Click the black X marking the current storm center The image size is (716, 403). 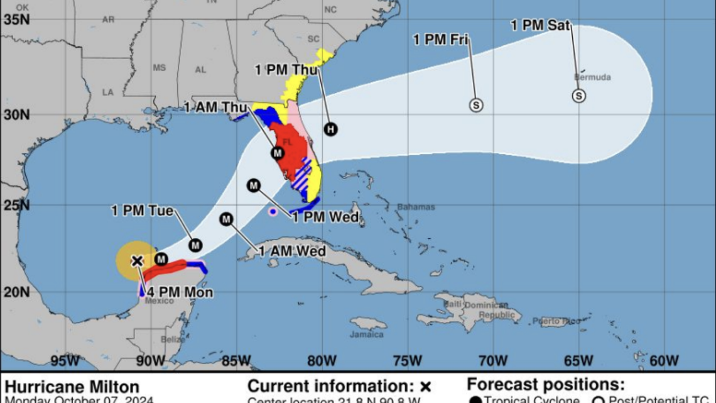pos(137,260)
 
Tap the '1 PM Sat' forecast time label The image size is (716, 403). pos(540,26)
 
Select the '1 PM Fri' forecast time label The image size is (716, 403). pos(440,40)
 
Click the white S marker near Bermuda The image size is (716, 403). pos(578,96)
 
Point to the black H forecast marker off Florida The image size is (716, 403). pos(330,130)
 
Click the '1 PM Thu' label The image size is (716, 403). pos(286,70)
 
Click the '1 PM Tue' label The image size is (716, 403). pos(142,211)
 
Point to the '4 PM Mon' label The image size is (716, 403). pos(180,292)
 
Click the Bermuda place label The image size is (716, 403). pos(592,77)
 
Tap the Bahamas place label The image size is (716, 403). pos(416,207)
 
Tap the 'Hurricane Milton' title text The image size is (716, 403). pos(72,386)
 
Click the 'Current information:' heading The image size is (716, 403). pos(332,385)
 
